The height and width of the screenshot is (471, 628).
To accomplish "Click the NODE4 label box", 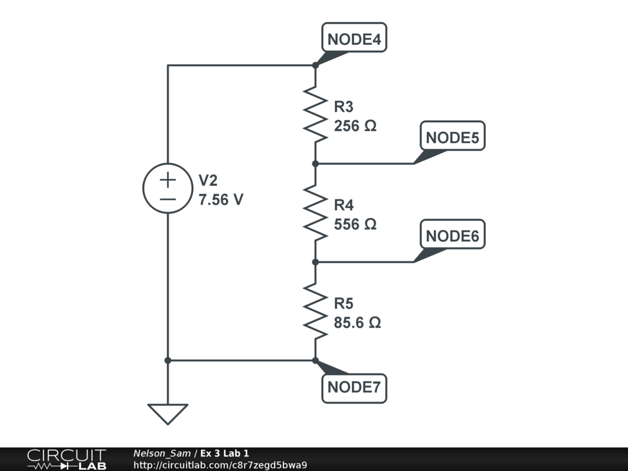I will (354, 39).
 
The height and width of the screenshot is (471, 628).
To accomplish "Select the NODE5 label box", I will (452, 138).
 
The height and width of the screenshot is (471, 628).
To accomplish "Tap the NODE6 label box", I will (452, 236).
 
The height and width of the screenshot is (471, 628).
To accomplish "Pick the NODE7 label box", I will (354, 387).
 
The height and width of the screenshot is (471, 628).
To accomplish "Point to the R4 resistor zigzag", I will (315, 213).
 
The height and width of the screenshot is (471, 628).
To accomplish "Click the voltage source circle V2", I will (167, 189).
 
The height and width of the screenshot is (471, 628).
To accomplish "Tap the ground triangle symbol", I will (167, 414).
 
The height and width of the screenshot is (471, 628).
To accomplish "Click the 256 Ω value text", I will (355, 126).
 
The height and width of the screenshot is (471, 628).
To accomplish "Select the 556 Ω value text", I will (355, 224).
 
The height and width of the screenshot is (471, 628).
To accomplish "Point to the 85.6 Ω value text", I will (358, 323).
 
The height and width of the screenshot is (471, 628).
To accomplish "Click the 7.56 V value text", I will (221, 199).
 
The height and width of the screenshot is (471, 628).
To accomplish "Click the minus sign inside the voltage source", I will (167, 199).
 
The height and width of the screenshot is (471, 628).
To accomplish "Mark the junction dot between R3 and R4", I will (315, 164).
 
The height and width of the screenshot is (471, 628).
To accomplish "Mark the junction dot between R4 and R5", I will (315, 262).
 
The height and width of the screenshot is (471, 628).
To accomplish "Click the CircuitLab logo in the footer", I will (66, 459).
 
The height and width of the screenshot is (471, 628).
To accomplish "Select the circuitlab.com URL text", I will (220, 465).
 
